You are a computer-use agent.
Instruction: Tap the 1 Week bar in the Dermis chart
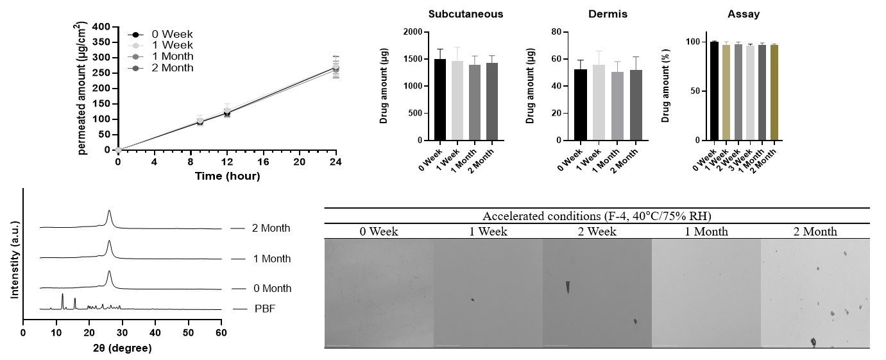597,103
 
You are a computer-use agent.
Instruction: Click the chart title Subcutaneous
466,13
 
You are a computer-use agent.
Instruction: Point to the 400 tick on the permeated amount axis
101,27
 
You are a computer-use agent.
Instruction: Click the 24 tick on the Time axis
336,162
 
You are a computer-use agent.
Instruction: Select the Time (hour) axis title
227,176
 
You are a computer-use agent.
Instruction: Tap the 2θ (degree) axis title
121,348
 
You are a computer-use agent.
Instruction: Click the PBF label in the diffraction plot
261,309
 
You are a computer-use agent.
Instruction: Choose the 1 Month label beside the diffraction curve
271,259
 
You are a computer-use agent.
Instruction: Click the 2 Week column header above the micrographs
597,231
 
